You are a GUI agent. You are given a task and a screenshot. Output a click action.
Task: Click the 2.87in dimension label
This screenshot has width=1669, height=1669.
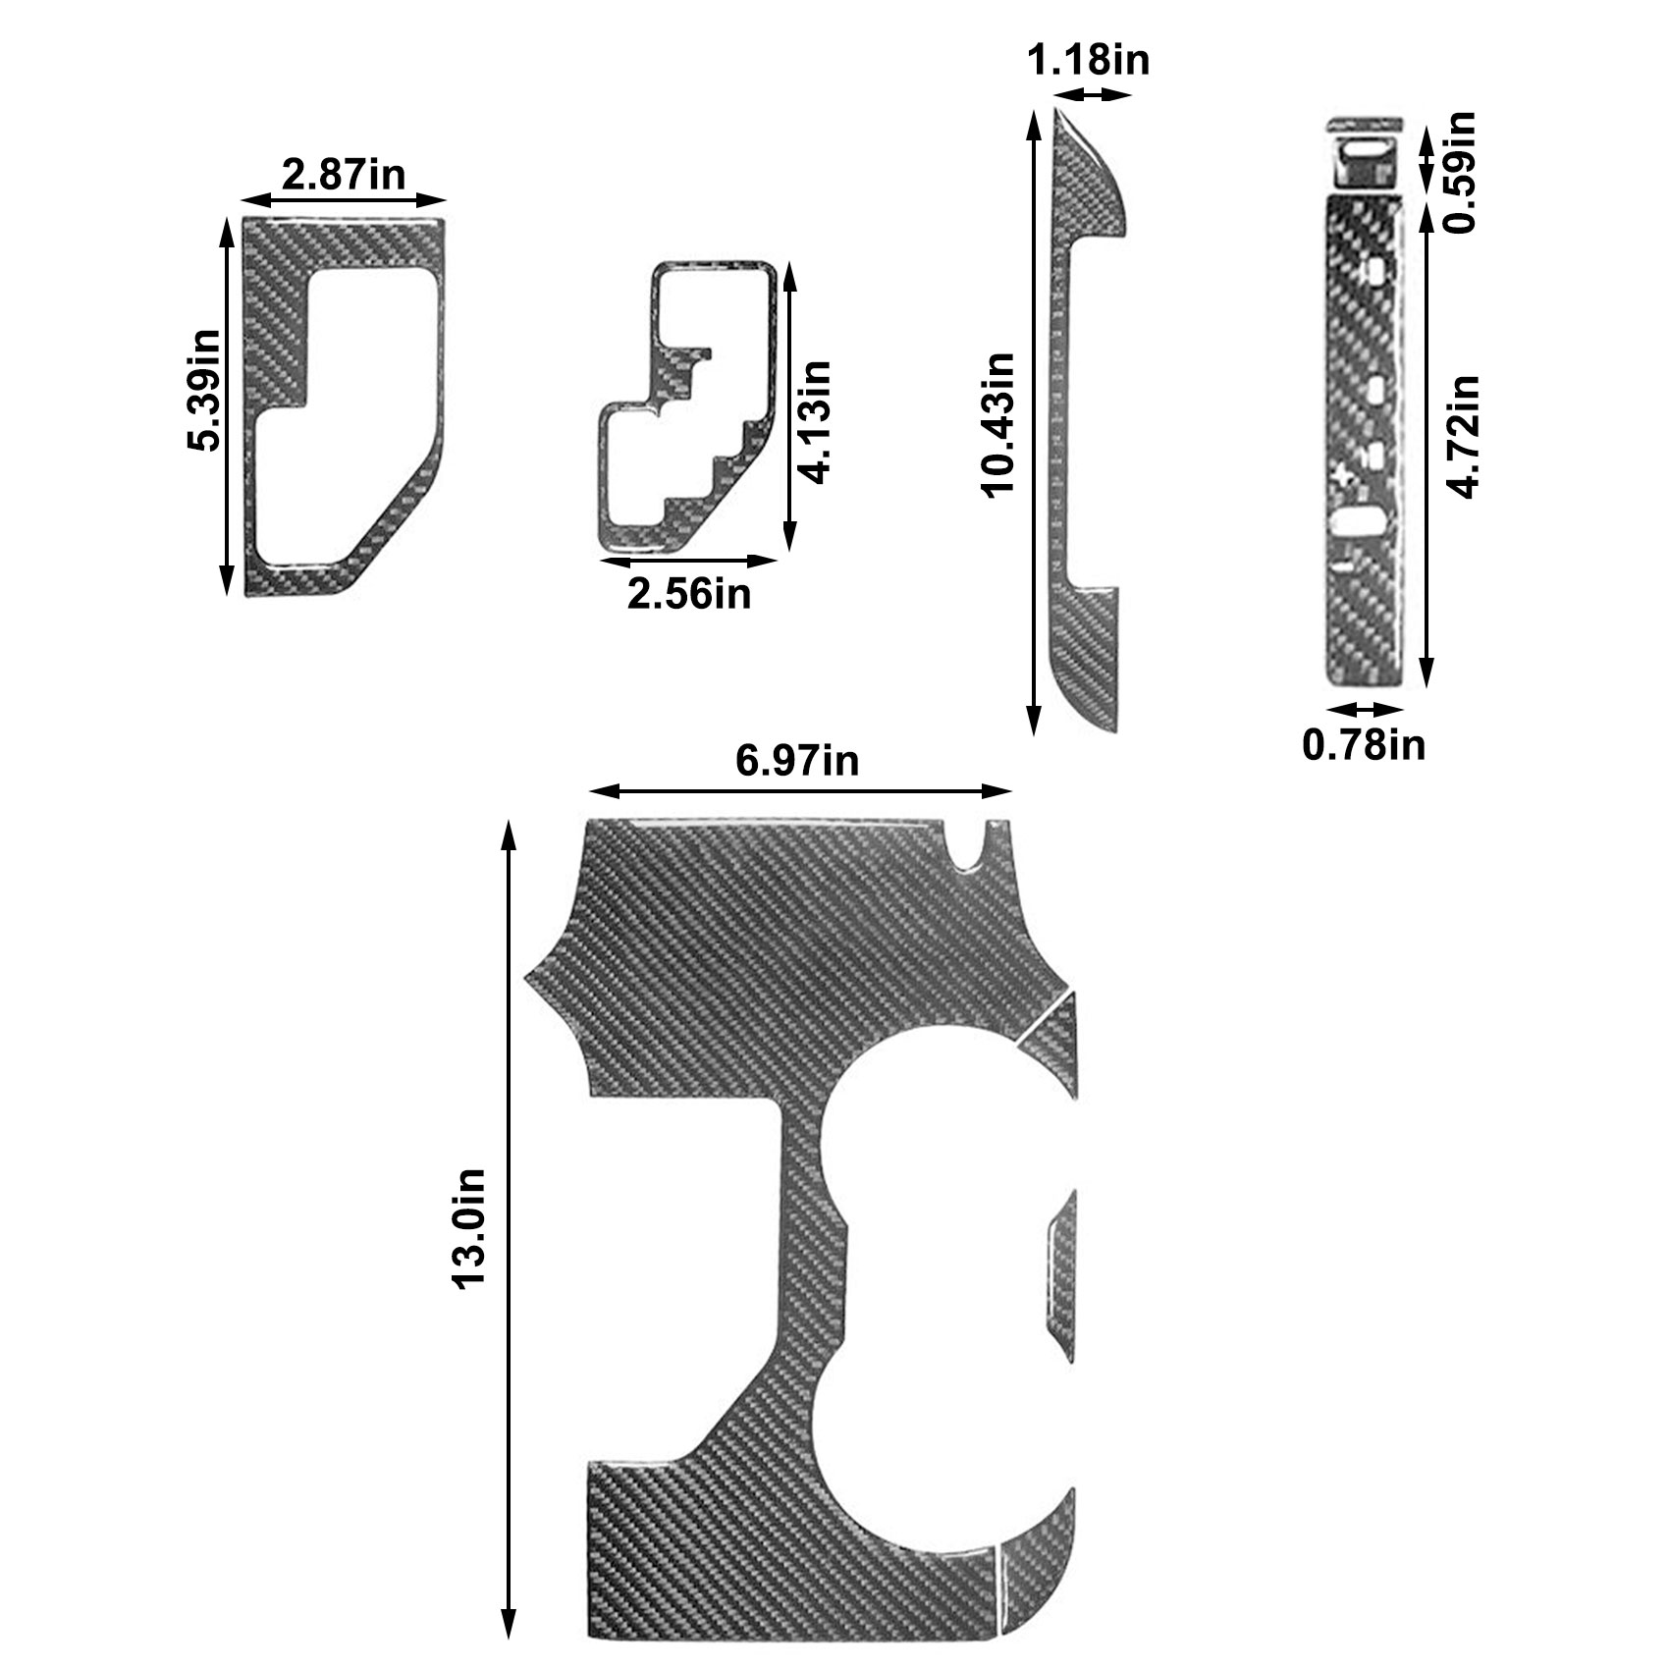[x=344, y=175]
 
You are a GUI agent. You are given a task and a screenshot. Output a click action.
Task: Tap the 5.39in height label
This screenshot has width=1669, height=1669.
[x=204, y=390]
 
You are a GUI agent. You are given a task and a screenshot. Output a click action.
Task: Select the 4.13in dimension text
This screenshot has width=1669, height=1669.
[x=815, y=422]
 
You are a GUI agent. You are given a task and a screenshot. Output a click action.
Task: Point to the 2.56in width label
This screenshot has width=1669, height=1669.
[x=689, y=593]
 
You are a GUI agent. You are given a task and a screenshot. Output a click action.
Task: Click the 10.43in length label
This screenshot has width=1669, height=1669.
[x=999, y=425]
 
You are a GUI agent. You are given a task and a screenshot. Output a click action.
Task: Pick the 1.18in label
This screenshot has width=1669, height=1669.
[x=1088, y=61]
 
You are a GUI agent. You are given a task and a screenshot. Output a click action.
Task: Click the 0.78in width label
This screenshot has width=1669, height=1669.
[x=1364, y=745]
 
